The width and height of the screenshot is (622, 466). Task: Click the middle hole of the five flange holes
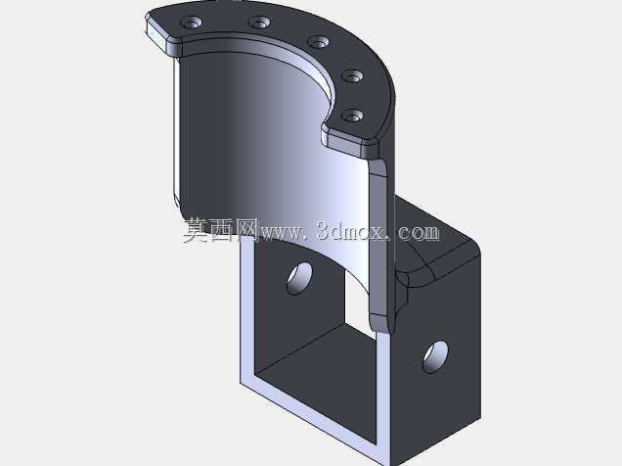coord(319,42)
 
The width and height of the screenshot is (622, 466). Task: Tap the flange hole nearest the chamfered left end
coord(192,22)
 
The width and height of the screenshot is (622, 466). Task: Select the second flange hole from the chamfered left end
coord(260,22)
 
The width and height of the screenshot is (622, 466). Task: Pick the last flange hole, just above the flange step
coord(353,116)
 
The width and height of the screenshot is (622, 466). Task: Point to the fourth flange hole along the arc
coord(353,75)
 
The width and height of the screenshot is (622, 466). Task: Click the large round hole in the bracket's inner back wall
coord(300,278)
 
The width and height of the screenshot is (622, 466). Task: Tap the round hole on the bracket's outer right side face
coord(435,356)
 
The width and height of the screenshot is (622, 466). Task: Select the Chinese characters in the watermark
coord(221,230)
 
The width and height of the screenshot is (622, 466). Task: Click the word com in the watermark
coord(419,233)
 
